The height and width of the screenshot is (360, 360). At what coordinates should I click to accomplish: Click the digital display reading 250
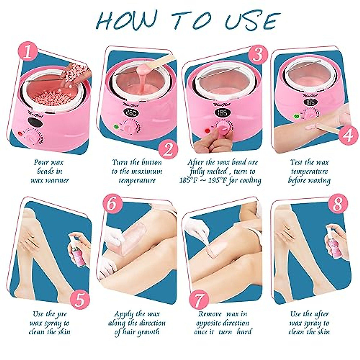point(132,113)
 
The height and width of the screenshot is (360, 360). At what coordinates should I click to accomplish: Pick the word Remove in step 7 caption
point(210,314)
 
